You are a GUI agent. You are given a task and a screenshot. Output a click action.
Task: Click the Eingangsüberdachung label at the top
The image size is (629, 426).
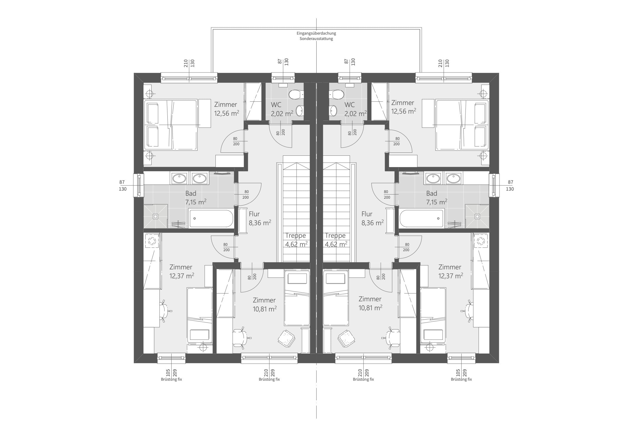click(x=316, y=33)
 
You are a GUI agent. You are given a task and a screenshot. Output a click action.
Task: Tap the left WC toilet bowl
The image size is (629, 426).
click(x=296, y=95)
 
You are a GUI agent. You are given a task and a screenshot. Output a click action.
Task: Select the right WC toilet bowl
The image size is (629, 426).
click(x=337, y=95)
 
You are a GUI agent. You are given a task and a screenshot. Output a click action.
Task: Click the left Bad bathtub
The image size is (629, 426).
click(x=211, y=218)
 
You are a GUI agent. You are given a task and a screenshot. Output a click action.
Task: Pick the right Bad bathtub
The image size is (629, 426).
click(x=422, y=218)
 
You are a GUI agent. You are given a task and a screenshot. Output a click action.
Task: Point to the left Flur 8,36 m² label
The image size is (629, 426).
click(x=260, y=218)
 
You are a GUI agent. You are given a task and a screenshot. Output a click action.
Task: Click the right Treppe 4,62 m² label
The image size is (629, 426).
click(x=336, y=240)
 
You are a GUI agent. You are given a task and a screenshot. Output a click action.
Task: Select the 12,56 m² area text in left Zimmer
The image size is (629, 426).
click(x=226, y=113)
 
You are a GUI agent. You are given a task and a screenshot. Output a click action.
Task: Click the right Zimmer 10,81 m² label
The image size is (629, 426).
click(x=370, y=303)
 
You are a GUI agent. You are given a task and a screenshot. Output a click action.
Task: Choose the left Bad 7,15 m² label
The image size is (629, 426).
click(x=196, y=197)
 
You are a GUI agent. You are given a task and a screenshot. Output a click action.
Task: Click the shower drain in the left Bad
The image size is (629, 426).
click(x=155, y=217)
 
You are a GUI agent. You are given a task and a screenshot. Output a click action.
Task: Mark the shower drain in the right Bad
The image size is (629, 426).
click(x=477, y=217)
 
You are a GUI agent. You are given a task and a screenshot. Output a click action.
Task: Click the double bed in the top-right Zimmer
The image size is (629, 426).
click(x=462, y=125)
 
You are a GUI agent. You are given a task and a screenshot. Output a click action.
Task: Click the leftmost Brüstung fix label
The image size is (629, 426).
click(x=171, y=379)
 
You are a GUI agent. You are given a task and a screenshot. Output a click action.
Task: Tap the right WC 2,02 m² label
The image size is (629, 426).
click(x=356, y=109)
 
